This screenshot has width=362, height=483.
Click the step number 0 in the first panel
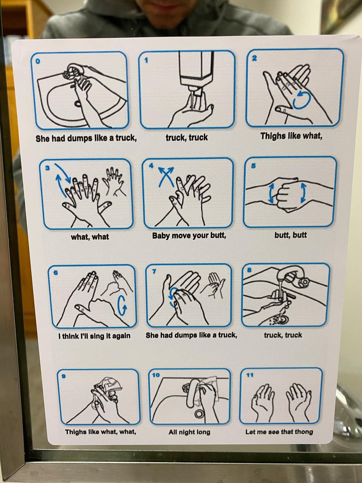[38, 62]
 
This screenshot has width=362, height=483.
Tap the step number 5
[253, 166]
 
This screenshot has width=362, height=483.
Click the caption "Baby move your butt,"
[189, 236]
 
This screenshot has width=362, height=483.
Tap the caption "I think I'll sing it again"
[94, 336]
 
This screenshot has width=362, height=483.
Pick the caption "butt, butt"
[290, 235]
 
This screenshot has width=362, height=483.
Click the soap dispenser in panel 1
[196, 70]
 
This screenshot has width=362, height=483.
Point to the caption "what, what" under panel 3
[90, 237]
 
